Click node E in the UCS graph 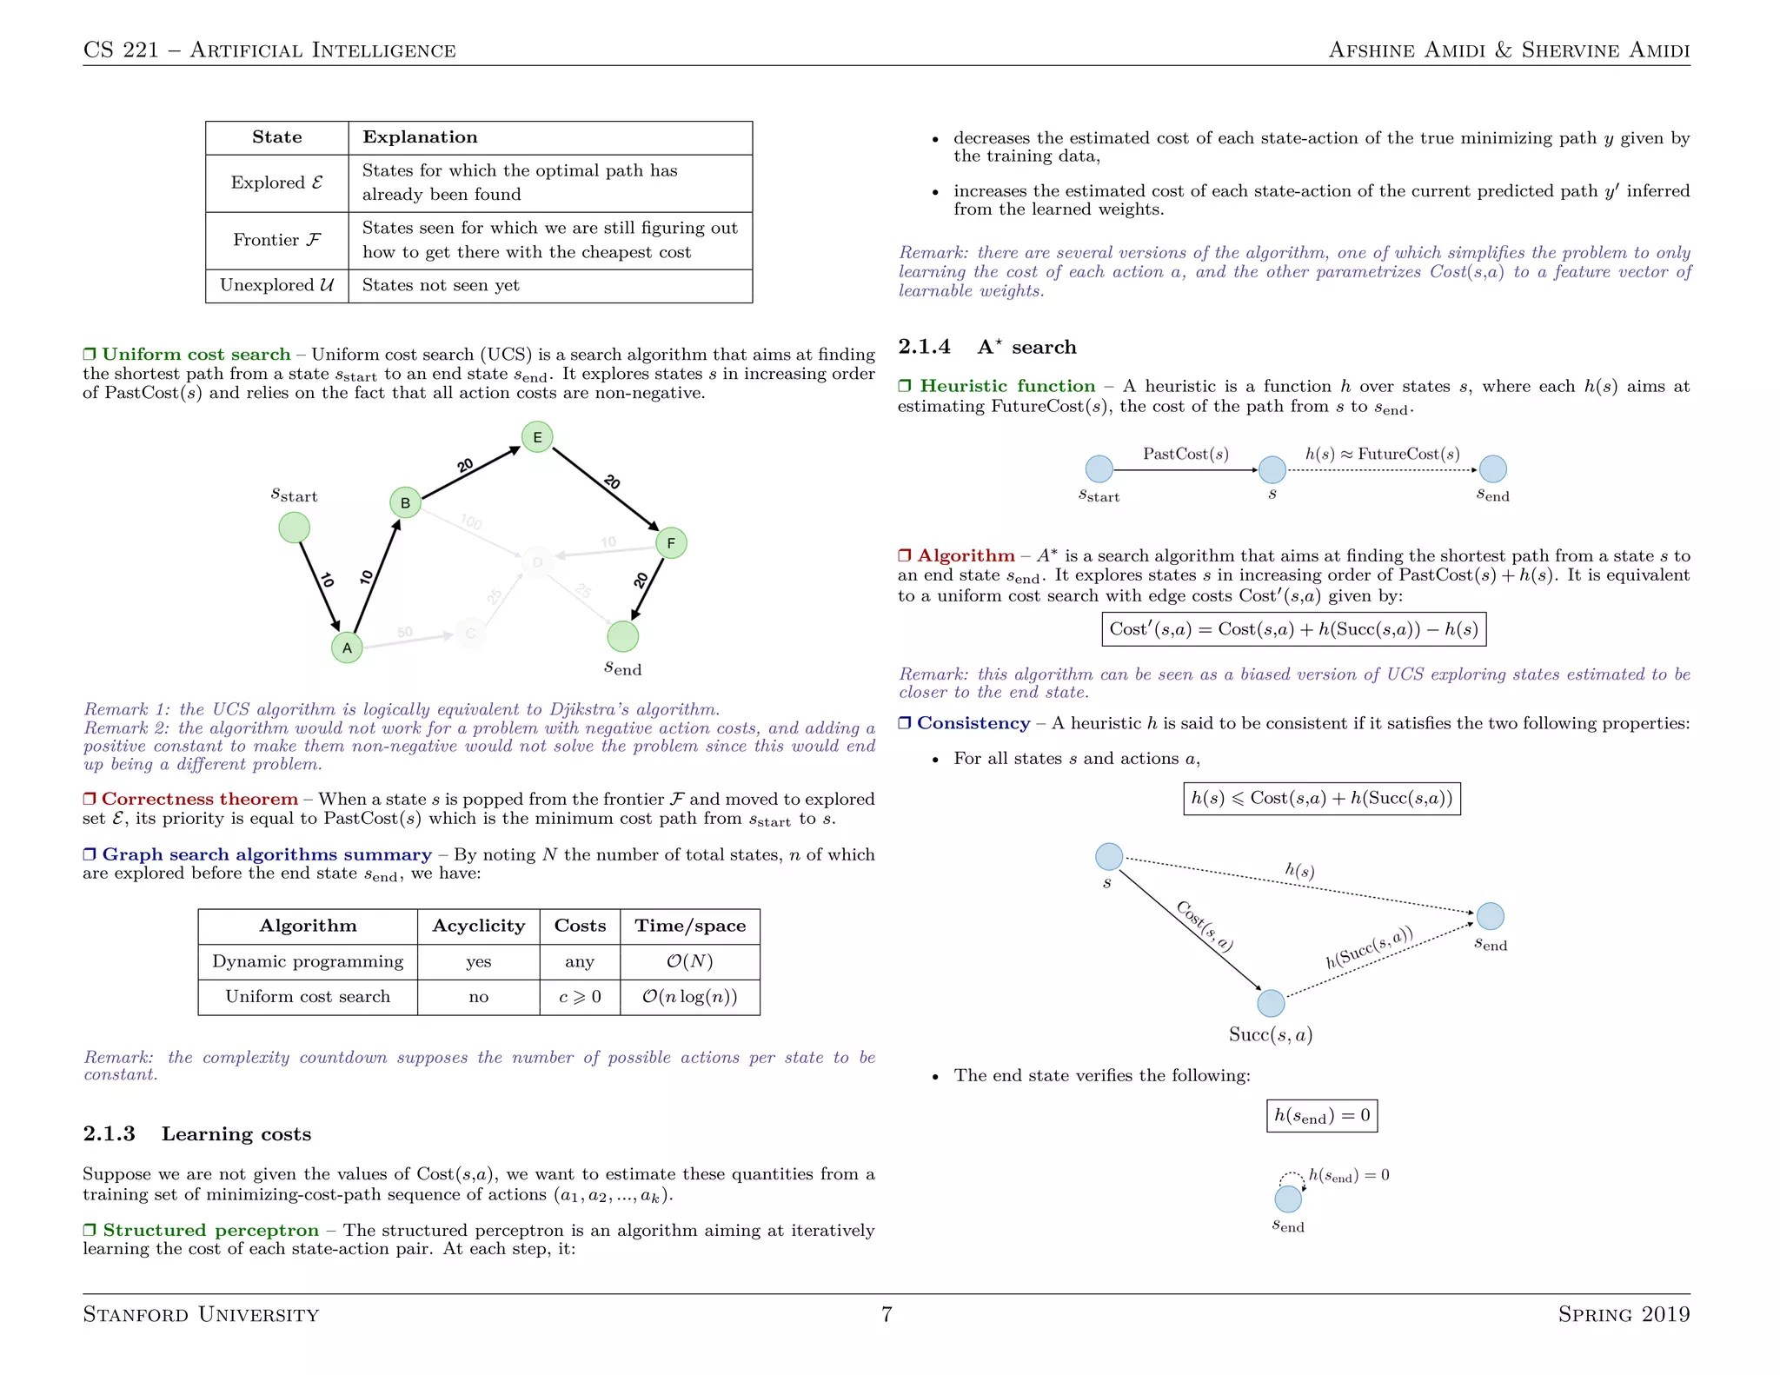(537, 437)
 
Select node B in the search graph (405, 502)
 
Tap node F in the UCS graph (671, 543)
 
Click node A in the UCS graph (347, 648)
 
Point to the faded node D (537, 563)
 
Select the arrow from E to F (605, 488)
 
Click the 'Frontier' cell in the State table (276, 240)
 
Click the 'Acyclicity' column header (478, 926)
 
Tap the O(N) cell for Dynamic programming (689, 961)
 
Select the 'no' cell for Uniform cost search (478, 997)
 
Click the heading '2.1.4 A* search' (986, 347)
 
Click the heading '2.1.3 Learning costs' (196, 1133)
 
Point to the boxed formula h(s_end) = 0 (1321, 1115)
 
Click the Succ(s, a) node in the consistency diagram (1271, 1003)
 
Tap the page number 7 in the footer (887, 1313)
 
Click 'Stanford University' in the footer (201, 1313)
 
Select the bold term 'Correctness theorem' (199, 799)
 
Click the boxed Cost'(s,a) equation (1293, 629)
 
